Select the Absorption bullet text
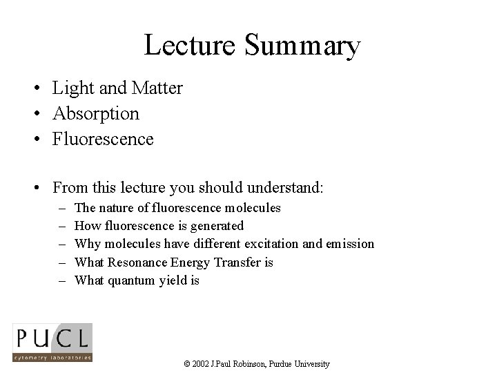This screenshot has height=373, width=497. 96,113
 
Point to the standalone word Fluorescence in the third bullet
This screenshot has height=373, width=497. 103,139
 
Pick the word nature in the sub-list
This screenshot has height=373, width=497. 116,207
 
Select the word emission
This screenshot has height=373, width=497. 349,244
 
